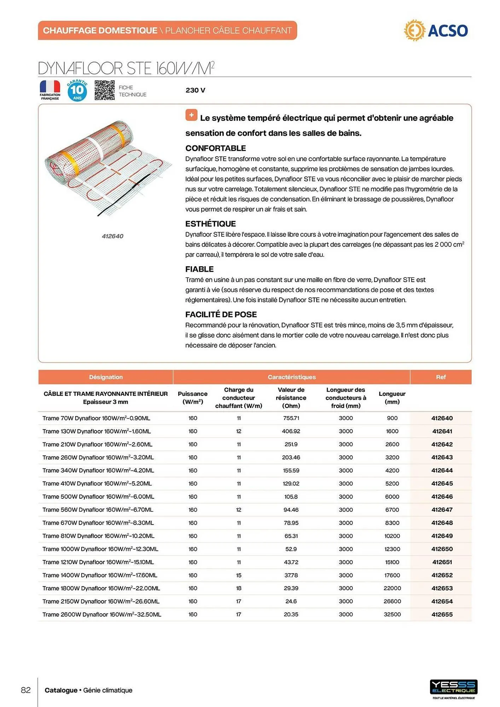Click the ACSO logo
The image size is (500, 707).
coord(436,30)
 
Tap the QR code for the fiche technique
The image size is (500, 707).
coord(104,90)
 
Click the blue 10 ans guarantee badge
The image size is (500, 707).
coord(77,90)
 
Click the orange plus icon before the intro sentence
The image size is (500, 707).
coord(191,115)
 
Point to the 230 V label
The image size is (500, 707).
coord(195,90)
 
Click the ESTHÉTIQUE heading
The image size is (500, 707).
coord(210,224)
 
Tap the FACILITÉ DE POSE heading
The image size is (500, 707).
coord(221,314)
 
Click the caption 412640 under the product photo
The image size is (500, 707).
coord(112,236)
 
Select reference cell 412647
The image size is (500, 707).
coord(442,510)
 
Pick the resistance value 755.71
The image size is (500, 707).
coord(291,418)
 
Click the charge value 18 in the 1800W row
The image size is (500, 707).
coord(239,588)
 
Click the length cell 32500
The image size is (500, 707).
coord(392,614)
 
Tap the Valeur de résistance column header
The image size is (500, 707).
coord(291,398)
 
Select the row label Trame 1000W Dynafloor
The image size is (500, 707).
coord(100,549)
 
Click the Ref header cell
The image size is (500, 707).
coord(441,377)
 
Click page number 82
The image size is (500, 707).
coord(26,690)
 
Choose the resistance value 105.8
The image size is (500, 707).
coord(291,497)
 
